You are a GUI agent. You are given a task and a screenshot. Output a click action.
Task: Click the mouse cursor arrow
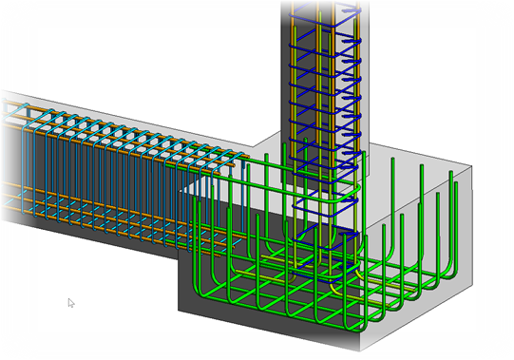pyautogui.click(x=70, y=303)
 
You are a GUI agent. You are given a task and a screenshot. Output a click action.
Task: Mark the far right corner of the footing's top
pyautogui.click(x=472, y=163)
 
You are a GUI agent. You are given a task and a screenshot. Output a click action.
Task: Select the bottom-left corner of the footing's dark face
pyautogui.click(x=180, y=310)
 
